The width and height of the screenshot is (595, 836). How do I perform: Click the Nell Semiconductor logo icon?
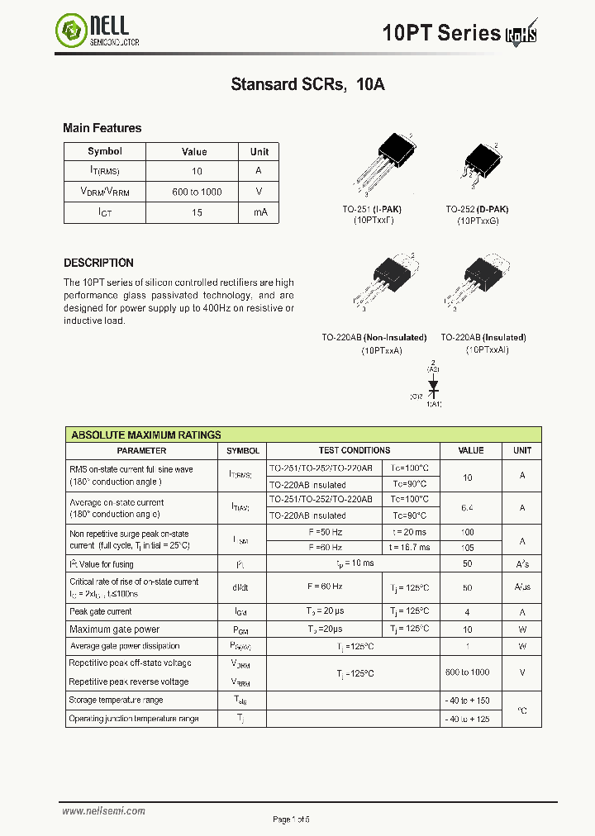coord(71,32)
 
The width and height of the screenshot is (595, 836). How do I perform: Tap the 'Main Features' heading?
coord(102,128)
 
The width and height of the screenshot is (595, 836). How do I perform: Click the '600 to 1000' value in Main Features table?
coord(197,192)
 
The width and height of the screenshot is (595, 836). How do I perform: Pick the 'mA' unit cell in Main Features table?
coord(260,212)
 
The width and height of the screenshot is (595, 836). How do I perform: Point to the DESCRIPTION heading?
coord(98,263)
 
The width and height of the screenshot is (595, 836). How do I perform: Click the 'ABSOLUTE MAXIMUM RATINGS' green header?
coord(146,435)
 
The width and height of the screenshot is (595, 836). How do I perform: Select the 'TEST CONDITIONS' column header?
coord(354,451)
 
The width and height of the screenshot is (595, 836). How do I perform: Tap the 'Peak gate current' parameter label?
coord(101,611)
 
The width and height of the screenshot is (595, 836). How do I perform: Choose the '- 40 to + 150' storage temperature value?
coord(468,701)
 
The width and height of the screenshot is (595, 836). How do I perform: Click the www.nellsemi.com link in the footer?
coord(103,811)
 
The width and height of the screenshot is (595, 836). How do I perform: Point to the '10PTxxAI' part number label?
coord(487,350)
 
